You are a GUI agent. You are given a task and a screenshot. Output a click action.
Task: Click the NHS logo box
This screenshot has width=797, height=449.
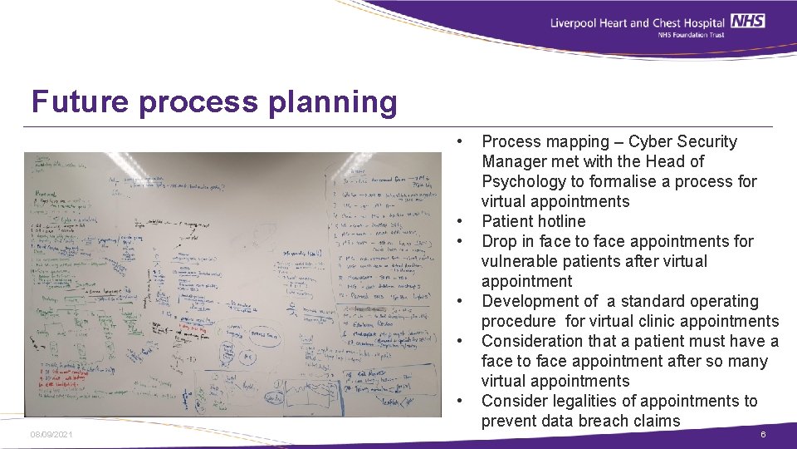pyautogui.click(x=749, y=22)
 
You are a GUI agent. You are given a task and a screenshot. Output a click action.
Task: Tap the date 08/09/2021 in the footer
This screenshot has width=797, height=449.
pyautogui.click(x=50, y=435)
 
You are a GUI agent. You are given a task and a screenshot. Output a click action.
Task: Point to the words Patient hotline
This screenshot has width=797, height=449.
pyautogui.click(x=533, y=221)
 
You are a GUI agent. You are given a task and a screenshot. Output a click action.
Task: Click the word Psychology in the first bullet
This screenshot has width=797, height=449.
pyautogui.click(x=522, y=181)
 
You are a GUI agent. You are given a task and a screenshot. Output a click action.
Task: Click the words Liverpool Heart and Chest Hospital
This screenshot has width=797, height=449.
pyautogui.click(x=638, y=22)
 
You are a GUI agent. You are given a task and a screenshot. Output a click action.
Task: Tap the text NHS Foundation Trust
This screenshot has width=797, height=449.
pyautogui.click(x=691, y=35)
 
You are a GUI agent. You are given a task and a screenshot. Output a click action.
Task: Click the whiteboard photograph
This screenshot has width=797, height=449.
pyautogui.click(x=232, y=284)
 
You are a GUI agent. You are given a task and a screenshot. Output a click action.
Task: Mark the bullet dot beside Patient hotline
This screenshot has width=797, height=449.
pyautogui.click(x=458, y=221)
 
